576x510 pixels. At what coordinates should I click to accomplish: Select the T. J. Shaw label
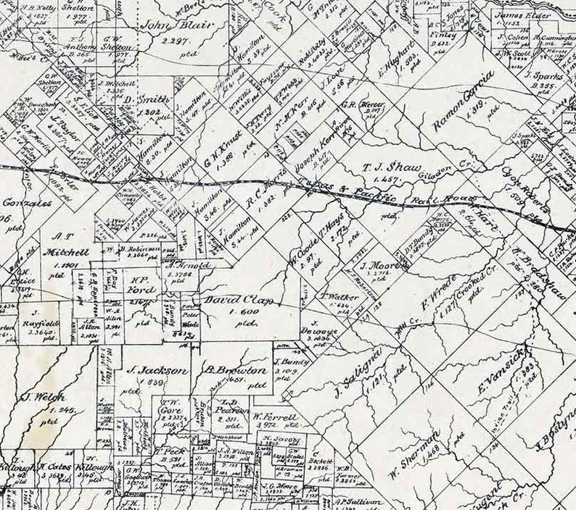pos(391,167)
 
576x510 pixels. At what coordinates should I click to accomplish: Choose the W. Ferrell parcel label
pos(273,418)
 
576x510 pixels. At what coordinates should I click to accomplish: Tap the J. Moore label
pos(373,264)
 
